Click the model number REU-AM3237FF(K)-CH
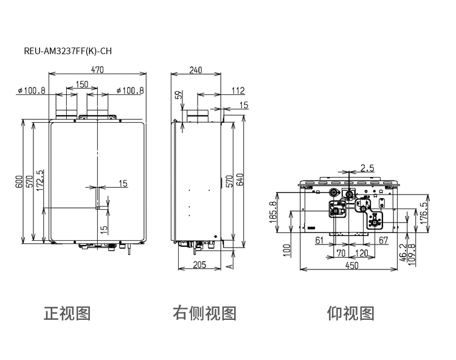67,51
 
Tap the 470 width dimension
97,70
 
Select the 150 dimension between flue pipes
81,85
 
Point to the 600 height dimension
19,182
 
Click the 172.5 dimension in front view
40,180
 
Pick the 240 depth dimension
196,70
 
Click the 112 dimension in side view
238,91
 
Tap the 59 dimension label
180,95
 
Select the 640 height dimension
240,180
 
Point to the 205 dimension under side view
199,265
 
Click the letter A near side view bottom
230,266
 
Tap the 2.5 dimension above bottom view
367,168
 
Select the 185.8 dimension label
273,212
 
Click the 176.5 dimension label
425,213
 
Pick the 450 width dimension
352,266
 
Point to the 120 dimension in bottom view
362,254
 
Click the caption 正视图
67,313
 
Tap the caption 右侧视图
204,313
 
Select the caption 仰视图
350,313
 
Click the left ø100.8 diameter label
32,91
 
